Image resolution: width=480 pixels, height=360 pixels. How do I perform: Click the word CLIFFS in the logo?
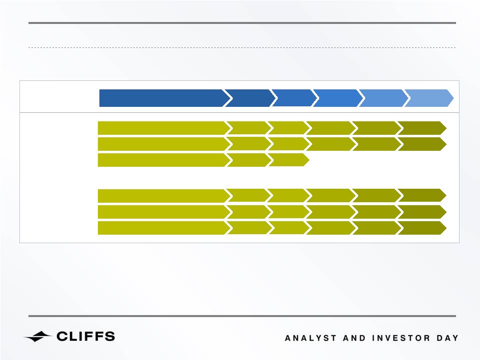[86, 337]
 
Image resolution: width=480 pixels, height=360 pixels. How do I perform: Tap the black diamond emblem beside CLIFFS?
[37, 337]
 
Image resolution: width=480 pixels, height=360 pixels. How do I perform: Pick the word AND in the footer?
[354, 338]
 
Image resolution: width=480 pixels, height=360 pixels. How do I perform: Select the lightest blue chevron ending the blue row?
[429, 98]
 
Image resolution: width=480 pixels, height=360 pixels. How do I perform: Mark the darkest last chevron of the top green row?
[422, 128]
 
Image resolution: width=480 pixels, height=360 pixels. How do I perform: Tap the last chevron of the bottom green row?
[422, 228]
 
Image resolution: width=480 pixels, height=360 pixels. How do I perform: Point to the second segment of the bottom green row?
[249, 228]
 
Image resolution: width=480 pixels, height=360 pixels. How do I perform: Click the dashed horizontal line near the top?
[242, 48]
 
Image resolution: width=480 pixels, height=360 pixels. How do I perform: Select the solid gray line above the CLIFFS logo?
[242, 316]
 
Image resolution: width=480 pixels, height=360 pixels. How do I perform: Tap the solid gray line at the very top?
[242, 23]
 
